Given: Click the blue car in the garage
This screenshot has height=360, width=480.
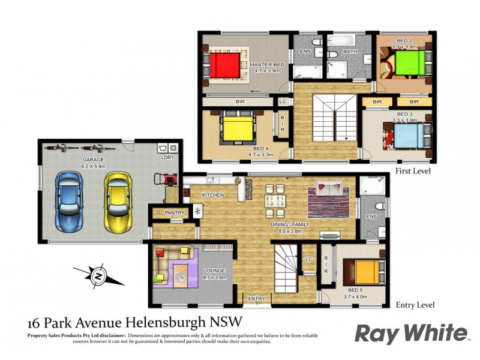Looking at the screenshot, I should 69,201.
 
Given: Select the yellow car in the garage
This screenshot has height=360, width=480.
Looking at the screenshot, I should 117,201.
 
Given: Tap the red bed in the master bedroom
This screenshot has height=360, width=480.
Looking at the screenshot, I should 227,65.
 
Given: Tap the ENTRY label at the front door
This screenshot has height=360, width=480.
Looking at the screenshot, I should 256,298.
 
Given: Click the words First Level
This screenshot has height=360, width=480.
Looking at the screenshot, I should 414,172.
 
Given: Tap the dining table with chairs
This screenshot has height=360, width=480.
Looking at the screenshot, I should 275,201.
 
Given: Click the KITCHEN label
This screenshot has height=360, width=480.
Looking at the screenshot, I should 213,196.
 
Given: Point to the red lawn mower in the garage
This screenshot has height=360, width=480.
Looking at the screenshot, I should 168,179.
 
